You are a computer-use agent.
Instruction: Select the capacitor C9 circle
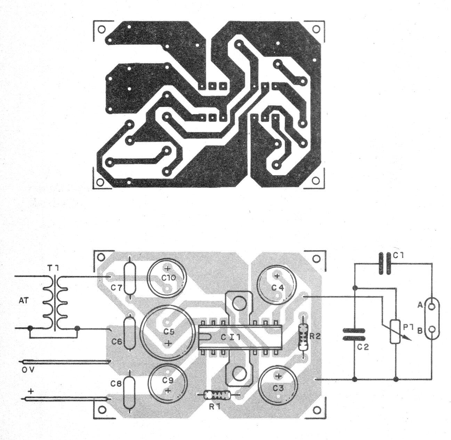point(167,383)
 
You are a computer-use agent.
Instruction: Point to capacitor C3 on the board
point(278,386)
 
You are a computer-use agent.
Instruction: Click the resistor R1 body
point(217,394)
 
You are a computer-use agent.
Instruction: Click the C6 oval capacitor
point(130,333)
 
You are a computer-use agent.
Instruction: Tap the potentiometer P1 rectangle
point(395,332)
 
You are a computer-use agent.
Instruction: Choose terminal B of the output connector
point(431,329)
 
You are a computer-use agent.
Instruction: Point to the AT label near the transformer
point(23,301)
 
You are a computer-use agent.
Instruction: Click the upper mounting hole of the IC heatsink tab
point(239,303)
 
